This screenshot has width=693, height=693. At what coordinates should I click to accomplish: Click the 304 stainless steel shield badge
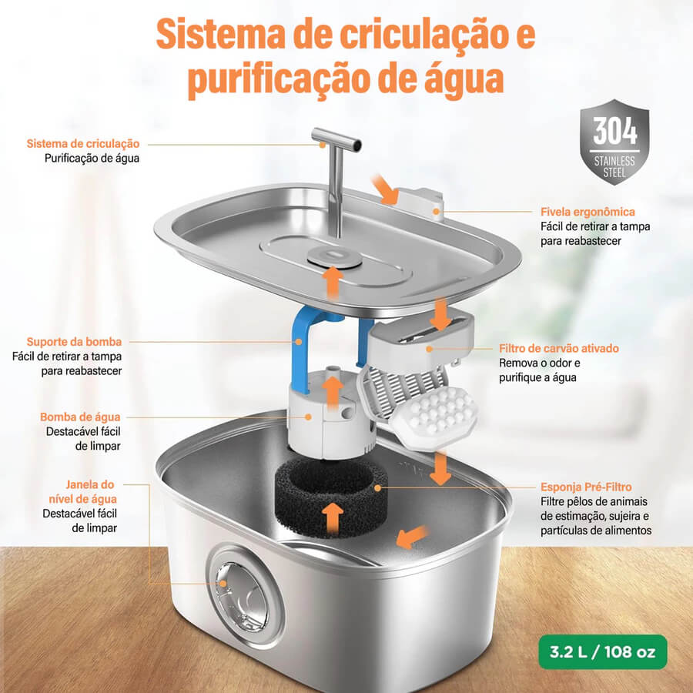coord(614,141)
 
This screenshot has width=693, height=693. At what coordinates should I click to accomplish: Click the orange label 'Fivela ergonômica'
coord(588,211)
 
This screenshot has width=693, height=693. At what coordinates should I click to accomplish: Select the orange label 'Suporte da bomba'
coord(75,341)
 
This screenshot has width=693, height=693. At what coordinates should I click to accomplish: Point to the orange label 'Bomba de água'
coord(80,417)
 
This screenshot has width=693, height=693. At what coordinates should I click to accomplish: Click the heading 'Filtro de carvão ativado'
coord(558,348)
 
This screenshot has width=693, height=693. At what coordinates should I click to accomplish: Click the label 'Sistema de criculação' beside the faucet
coord(83,144)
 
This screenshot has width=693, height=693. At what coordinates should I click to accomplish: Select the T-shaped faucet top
coord(336,142)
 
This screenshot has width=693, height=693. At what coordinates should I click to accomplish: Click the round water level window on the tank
coord(245,594)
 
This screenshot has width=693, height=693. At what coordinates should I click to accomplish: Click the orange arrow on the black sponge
coord(332,517)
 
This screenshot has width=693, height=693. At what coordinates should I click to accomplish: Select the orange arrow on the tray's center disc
coord(333,282)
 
